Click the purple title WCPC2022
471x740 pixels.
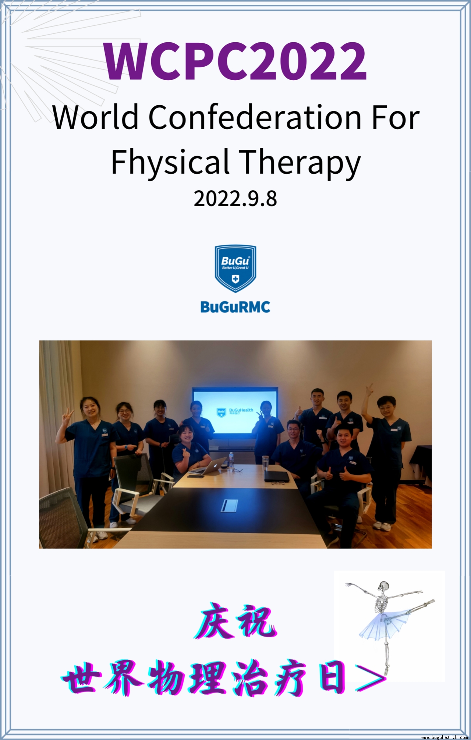pyautogui.click(x=235, y=61)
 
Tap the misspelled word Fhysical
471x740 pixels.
pyautogui.click(x=170, y=162)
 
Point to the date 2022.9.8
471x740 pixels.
pyautogui.click(x=235, y=199)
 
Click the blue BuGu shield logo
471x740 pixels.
pyautogui.click(x=235, y=269)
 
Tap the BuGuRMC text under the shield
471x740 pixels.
pyautogui.click(x=235, y=307)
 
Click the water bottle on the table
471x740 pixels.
pyautogui.click(x=231, y=460)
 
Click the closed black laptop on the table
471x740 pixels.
pyautogui.click(x=277, y=477)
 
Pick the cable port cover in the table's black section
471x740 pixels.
pyautogui.click(x=229, y=506)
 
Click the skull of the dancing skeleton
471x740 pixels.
pyautogui.click(x=384, y=585)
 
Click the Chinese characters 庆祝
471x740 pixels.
pyautogui.click(x=236, y=622)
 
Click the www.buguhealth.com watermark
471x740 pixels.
pyautogui.click(x=445, y=737)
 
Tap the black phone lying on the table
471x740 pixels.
pyautogui.click(x=195, y=476)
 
